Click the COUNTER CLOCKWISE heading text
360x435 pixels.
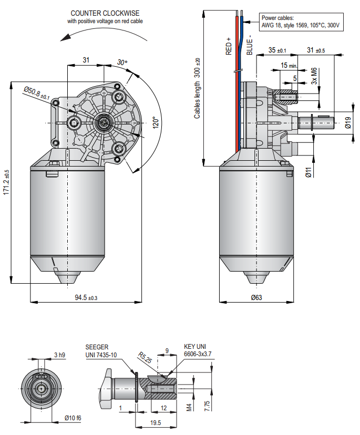click(105, 13)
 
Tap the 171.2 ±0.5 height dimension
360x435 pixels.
click(6, 182)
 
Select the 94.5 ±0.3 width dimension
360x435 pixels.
click(86, 298)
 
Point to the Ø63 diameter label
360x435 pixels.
click(256, 297)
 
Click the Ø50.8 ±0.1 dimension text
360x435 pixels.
click(37, 93)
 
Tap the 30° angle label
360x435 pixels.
click(122, 62)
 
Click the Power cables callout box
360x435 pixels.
click(301, 22)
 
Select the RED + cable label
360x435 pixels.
click(229, 46)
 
